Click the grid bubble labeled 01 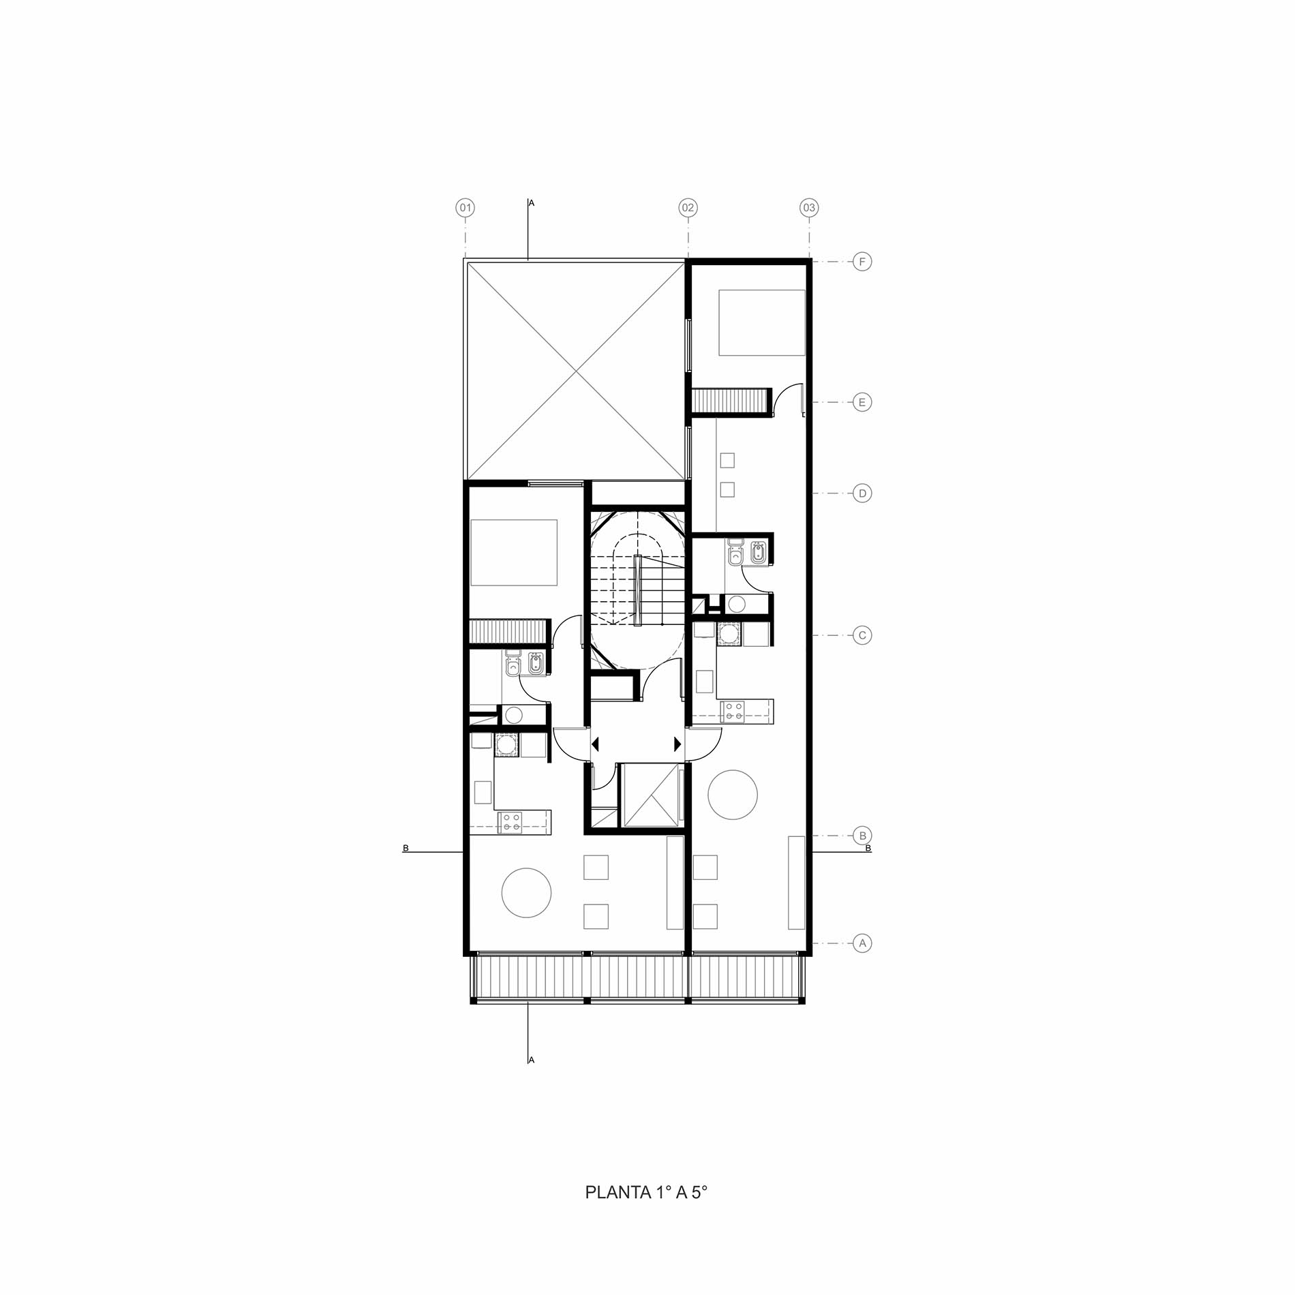[465, 208]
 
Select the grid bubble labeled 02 [688, 208]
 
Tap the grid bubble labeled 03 [808, 208]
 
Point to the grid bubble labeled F [862, 262]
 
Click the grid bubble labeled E [862, 402]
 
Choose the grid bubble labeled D [862, 493]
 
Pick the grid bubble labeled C [862, 636]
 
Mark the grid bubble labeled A [862, 943]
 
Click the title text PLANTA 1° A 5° [646, 1193]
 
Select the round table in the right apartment [733, 795]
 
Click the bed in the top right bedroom [762, 322]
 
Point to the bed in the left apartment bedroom [514, 553]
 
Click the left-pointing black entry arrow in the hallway [595, 744]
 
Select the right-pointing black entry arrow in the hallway [677, 744]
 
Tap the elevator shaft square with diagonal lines [651, 795]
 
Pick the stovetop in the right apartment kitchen [733, 712]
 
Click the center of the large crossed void [575, 370]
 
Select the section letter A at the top [532, 203]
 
